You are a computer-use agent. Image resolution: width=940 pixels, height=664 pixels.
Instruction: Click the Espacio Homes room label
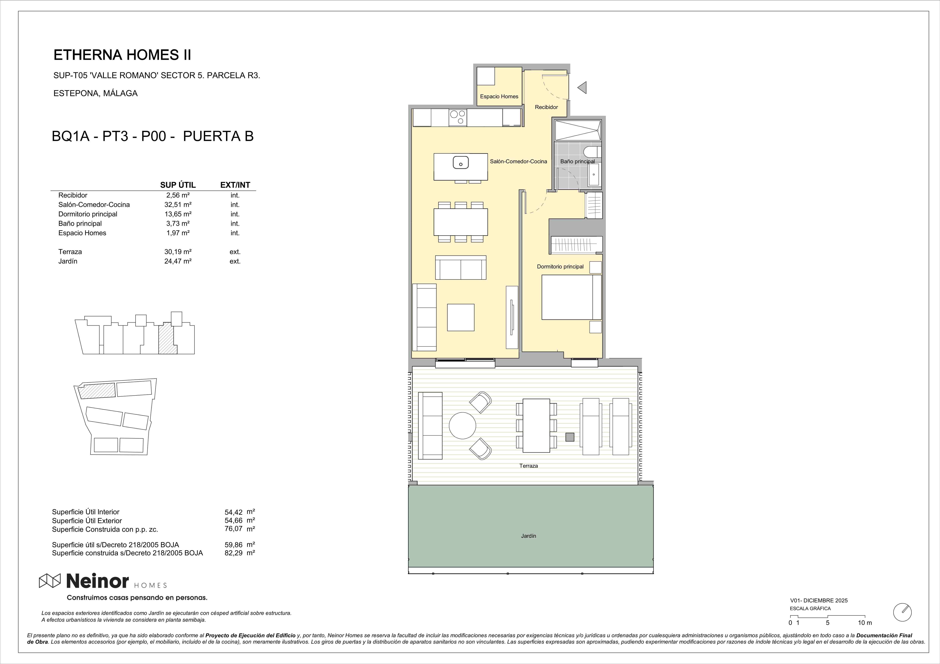tap(499, 97)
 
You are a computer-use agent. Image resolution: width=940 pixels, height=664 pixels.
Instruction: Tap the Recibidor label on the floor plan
tap(546, 107)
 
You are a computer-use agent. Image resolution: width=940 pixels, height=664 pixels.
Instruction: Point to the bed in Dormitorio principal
tap(572, 297)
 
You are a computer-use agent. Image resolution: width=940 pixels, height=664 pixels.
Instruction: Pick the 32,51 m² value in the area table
tap(178, 205)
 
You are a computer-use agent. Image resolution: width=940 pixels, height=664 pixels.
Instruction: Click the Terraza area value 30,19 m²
tap(178, 252)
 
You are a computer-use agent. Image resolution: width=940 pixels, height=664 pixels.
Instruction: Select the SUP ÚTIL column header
tap(178, 185)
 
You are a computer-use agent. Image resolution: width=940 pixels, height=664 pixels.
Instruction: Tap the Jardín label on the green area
tap(529, 536)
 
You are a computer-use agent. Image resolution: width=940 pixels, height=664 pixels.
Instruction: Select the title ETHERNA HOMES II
tap(122, 55)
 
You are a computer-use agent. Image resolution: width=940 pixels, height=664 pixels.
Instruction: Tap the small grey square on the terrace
tap(570, 437)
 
